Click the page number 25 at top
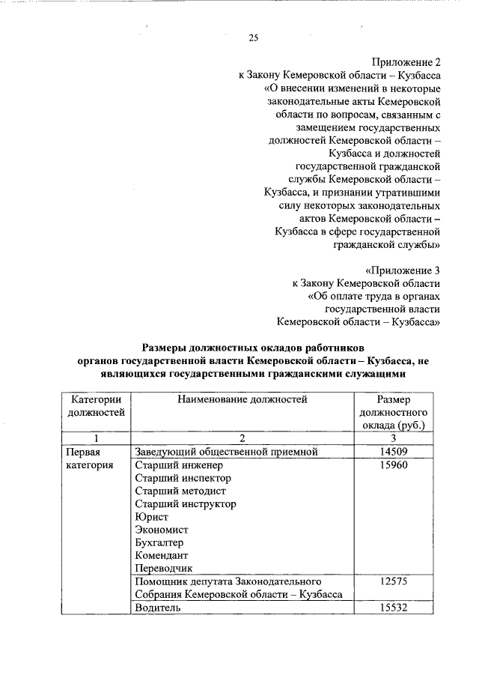(x=254, y=38)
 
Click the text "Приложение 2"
(x=405, y=62)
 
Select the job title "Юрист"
(x=152, y=518)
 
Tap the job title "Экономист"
(x=161, y=530)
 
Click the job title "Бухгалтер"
(x=159, y=542)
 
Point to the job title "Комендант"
(x=160, y=555)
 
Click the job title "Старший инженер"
(x=174, y=465)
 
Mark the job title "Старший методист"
(x=180, y=491)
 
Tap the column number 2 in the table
(x=242, y=438)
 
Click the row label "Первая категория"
(x=89, y=458)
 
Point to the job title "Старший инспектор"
(x=183, y=478)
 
